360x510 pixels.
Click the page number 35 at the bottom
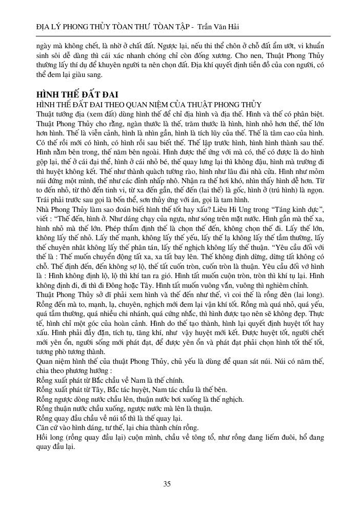(167, 484)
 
